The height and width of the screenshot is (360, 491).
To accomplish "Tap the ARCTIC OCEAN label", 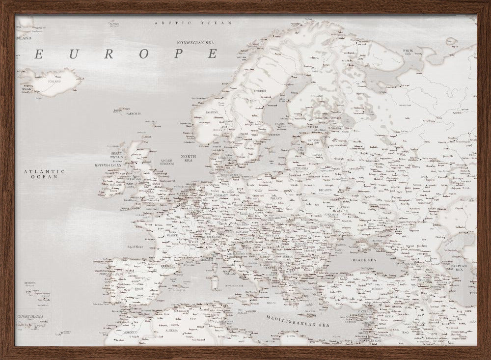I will coord(192,23).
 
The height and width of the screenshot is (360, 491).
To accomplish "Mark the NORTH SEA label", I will coord(189,158).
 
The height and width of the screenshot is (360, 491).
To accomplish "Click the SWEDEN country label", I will coord(260,91).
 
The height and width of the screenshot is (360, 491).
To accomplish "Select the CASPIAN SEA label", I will coord(459,268).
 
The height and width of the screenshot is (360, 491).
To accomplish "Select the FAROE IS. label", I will coord(133,114).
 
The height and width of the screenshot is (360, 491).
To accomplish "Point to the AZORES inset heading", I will coord(28,283).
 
